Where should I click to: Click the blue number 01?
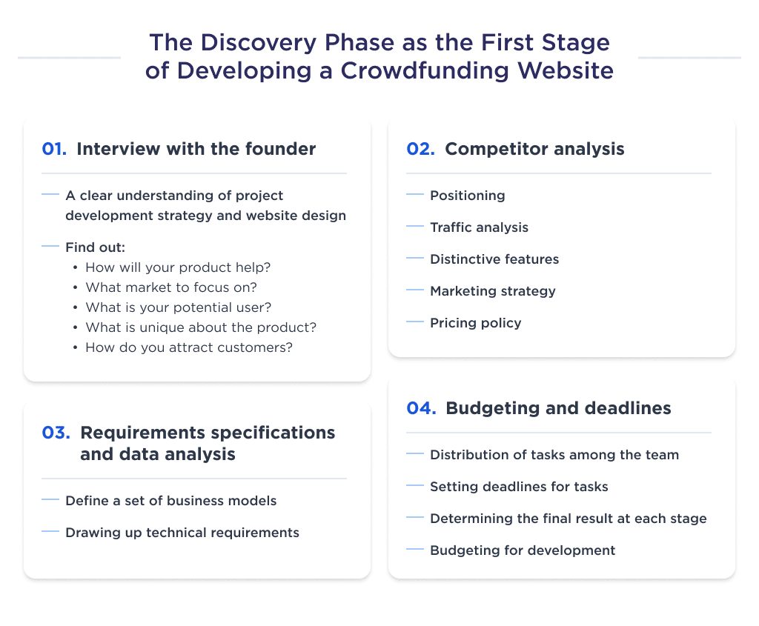coord(55,149)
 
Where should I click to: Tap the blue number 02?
coord(420,149)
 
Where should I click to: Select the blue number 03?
coord(56,433)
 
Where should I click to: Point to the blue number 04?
coord(421,408)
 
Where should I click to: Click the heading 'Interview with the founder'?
coord(196,149)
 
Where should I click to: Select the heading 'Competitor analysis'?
coord(534,149)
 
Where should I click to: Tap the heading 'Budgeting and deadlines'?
coord(558,408)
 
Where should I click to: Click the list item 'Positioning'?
coord(467,196)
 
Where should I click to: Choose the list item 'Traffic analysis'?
coord(479,227)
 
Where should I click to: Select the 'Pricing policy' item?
coord(475,323)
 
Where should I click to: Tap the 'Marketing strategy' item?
coord(492,291)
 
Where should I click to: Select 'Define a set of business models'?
coord(170,501)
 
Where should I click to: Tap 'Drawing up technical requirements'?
coord(182,533)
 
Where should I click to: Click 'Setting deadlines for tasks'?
coord(519,487)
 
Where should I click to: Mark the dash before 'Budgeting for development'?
coord(416,550)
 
